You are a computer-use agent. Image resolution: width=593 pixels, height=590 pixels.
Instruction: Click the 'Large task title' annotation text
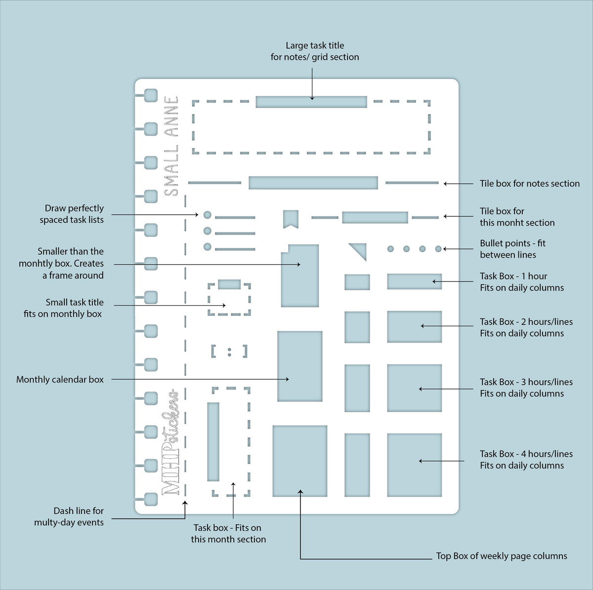click(x=314, y=45)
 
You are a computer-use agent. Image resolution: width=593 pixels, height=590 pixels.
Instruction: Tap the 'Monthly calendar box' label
click(x=60, y=379)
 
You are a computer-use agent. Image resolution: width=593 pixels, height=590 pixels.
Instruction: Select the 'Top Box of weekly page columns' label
click(x=501, y=556)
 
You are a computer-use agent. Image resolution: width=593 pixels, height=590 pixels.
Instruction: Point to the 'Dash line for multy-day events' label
click(x=69, y=516)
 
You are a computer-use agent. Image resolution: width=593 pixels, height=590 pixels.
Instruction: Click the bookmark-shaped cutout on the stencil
click(x=291, y=219)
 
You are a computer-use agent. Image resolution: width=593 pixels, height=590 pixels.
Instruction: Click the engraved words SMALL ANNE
click(x=171, y=146)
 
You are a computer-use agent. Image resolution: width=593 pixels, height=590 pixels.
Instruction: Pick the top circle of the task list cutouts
click(x=208, y=215)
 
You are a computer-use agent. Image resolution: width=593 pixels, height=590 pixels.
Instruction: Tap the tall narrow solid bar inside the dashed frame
click(x=213, y=442)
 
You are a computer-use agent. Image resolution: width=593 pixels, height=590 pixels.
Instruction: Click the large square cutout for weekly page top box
click(x=300, y=461)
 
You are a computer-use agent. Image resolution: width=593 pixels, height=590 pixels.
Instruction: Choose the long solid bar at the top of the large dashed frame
click(x=311, y=102)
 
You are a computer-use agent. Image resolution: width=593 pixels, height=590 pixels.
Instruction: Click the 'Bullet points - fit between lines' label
click(x=512, y=249)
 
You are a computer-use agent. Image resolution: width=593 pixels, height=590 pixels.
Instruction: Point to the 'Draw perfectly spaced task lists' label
click(x=71, y=214)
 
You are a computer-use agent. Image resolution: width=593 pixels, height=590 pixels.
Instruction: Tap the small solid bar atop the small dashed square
click(x=229, y=284)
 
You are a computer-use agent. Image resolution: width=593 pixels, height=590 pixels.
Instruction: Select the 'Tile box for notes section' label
click(x=530, y=184)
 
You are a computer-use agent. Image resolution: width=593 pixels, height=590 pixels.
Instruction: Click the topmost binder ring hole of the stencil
click(x=151, y=95)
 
